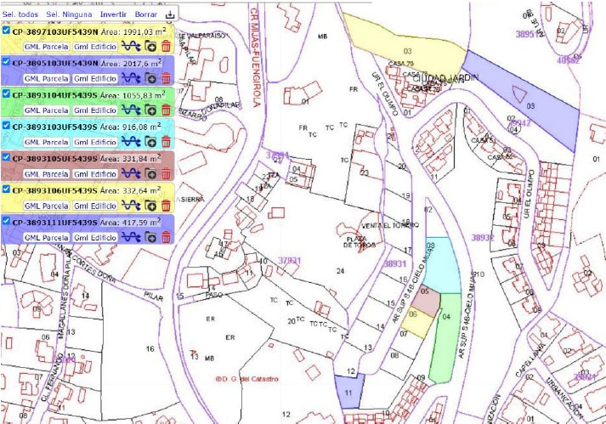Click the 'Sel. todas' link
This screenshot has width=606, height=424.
pyautogui.click(x=20, y=15)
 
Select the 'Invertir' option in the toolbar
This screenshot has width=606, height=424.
pyautogui.click(x=113, y=15)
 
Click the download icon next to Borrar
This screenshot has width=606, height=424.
pyautogui.click(x=170, y=15)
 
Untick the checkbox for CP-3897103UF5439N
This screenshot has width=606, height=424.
pyautogui.click(x=6, y=31)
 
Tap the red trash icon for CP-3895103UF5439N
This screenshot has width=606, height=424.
pyautogui.click(x=166, y=78)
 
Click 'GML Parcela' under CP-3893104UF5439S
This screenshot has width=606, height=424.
pyautogui.click(x=46, y=110)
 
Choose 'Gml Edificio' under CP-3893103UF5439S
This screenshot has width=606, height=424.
pyautogui.click(x=94, y=142)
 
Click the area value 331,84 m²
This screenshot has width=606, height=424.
pyautogui.click(x=136, y=158)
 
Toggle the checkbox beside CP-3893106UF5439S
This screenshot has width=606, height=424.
pyautogui.click(x=6, y=189)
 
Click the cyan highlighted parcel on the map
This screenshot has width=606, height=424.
pyautogui.click(x=441, y=264)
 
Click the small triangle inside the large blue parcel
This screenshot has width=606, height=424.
pyautogui.click(x=519, y=93)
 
